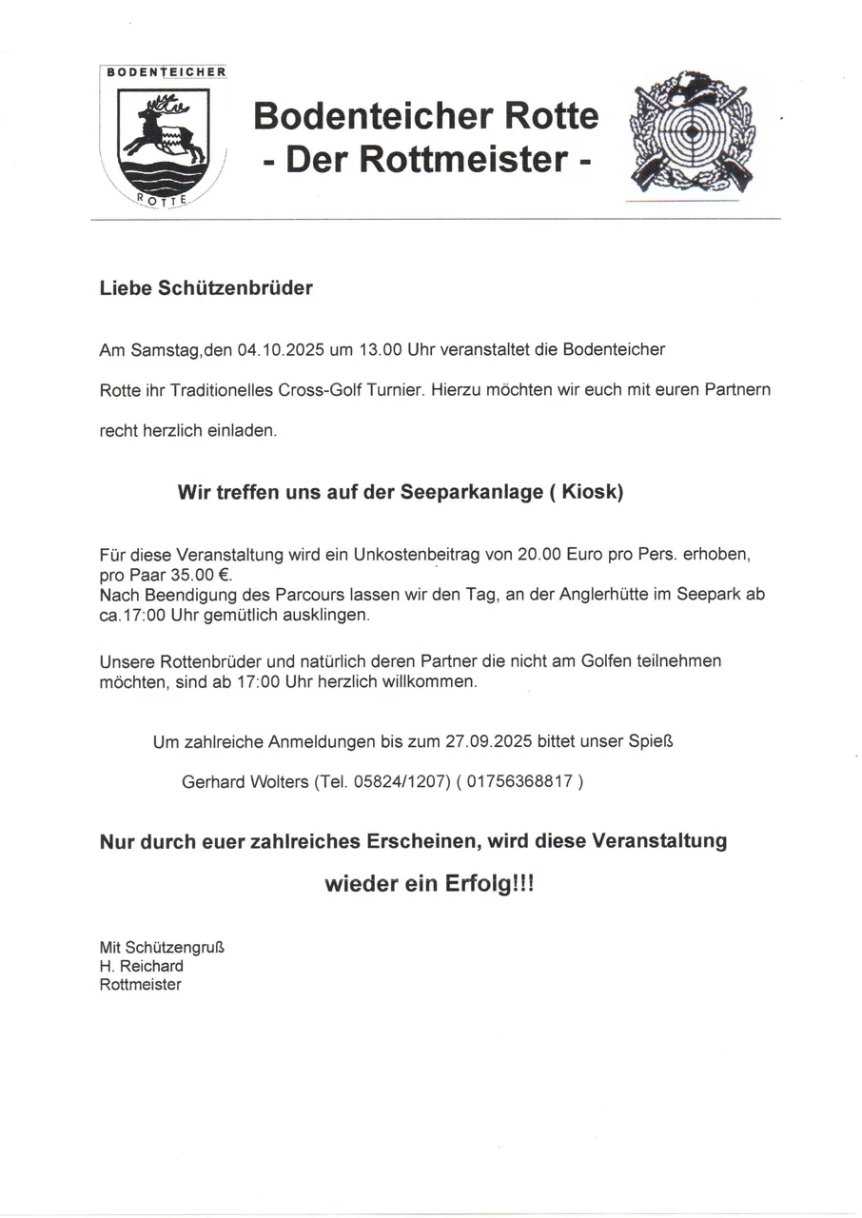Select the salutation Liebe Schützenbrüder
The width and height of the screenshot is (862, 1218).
(206, 287)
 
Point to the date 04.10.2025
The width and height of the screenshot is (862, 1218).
(281, 349)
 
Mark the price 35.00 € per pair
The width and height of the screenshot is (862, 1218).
(194, 576)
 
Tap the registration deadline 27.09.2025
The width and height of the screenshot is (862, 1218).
(488, 739)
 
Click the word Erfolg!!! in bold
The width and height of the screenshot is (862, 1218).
(489, 884)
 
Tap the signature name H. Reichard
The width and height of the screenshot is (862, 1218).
(142, 966)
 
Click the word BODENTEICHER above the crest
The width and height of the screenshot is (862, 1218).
(164, 72)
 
